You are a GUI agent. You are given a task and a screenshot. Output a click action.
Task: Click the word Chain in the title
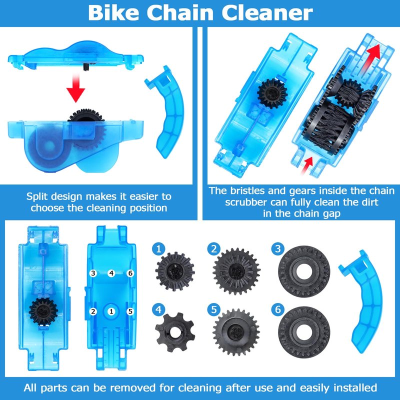pyautogui.click(x=180, y=13)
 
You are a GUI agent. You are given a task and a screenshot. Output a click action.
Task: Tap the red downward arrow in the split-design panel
pyautogui.click(x=76, y=87)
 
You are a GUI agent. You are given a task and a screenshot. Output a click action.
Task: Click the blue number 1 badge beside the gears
pyautogui.click(x=158, y=248)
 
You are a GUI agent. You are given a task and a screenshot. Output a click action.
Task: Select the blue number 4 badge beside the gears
pyautogui.click(x=158, y=309)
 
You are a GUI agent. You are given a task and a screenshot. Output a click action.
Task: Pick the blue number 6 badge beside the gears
pyautogui.click(x=278, y=309)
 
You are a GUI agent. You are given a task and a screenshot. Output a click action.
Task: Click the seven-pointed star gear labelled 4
pyautogui.click(x=175, y=332)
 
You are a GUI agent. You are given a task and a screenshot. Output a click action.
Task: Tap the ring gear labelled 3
pyautogui.click(x=304, y=271)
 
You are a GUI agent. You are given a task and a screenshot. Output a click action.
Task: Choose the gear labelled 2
pyautogui.click(x=236, y=271)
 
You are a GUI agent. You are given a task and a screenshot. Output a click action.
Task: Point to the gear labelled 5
pyautogui.click(x=236, y=332)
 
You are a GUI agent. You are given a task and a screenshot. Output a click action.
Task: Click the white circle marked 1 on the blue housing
pyautogui.click(x=111, y=311)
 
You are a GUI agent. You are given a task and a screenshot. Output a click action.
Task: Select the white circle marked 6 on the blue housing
pyautogui.click(x=130, y=273)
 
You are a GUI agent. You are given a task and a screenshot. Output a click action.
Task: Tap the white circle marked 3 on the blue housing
pyautogui.click(x=93, y=273)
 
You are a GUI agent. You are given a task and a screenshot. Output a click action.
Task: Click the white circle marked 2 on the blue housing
pyautogui.click(x=93, y=311)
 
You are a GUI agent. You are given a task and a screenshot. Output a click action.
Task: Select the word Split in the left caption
pyautogui.click(x=38, y=196)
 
